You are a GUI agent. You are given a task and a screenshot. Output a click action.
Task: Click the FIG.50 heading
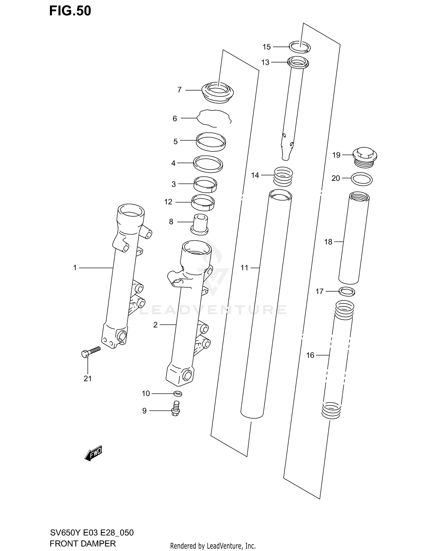tap(70, 11)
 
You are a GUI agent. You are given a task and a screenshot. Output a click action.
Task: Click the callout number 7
tap(179, 90)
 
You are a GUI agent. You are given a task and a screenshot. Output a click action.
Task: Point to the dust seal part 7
tap(218, 92)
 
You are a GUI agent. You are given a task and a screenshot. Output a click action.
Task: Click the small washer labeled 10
tap(178, 393)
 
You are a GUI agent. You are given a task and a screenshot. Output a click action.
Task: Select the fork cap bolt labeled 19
tap(365, 157)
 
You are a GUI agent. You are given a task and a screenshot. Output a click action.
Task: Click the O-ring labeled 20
tap(362, 179)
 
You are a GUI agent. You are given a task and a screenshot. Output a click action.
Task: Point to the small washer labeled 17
tap(347, 291)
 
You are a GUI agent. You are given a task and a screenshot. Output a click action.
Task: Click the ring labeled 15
tap(300, 47)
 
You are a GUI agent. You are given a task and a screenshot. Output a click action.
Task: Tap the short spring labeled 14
tap(283, 176)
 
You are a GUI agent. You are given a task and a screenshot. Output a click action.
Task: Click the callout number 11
tap(244, 268)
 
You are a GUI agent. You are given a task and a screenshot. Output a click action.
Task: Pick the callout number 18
tap(328, 242)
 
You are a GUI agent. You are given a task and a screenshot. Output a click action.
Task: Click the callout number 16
tap(310, 355)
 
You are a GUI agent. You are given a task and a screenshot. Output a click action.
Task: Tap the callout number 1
tap(75, 268)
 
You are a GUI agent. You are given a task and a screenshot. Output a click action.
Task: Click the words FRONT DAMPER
tap(83, 544)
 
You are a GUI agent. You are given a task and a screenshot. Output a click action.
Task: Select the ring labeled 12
tap(203, 202)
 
